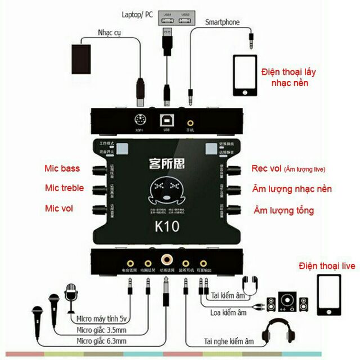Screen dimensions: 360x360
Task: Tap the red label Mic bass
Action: point(62,168)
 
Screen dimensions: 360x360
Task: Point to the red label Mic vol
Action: point(59,208)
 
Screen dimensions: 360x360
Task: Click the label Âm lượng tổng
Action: point(283,210)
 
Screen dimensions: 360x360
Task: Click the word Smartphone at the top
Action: point(222,22)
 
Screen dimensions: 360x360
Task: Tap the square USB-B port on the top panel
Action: point(166,120)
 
